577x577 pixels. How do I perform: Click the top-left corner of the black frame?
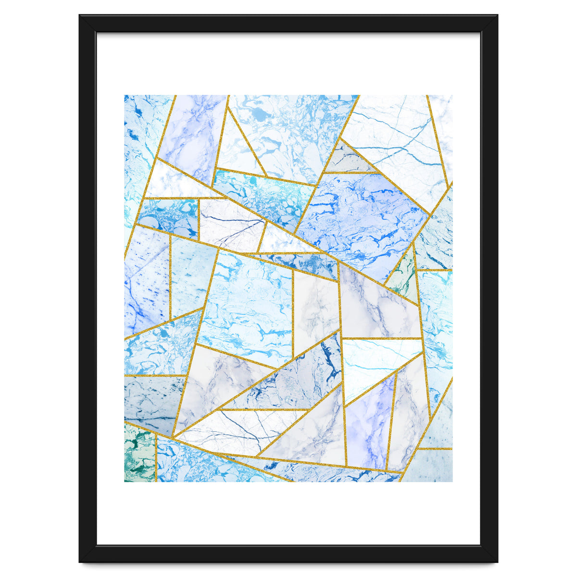point(80,15)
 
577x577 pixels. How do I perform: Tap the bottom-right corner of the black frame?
point(497,562)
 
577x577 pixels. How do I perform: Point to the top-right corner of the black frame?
point(497,15)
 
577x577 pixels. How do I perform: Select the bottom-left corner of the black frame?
point(80,562)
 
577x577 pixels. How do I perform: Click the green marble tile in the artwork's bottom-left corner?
point(139,454)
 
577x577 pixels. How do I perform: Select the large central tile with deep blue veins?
point(361,216)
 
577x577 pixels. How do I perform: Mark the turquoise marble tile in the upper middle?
point(262,197)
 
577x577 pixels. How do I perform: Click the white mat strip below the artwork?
point(288,513)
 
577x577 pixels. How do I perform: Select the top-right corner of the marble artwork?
point(452,95)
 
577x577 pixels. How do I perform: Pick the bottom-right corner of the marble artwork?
point(452,481)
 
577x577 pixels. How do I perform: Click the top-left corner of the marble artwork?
point(125,95)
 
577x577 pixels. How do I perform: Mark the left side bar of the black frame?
point(88,288)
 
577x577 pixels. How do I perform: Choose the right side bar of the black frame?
point(489,288)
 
